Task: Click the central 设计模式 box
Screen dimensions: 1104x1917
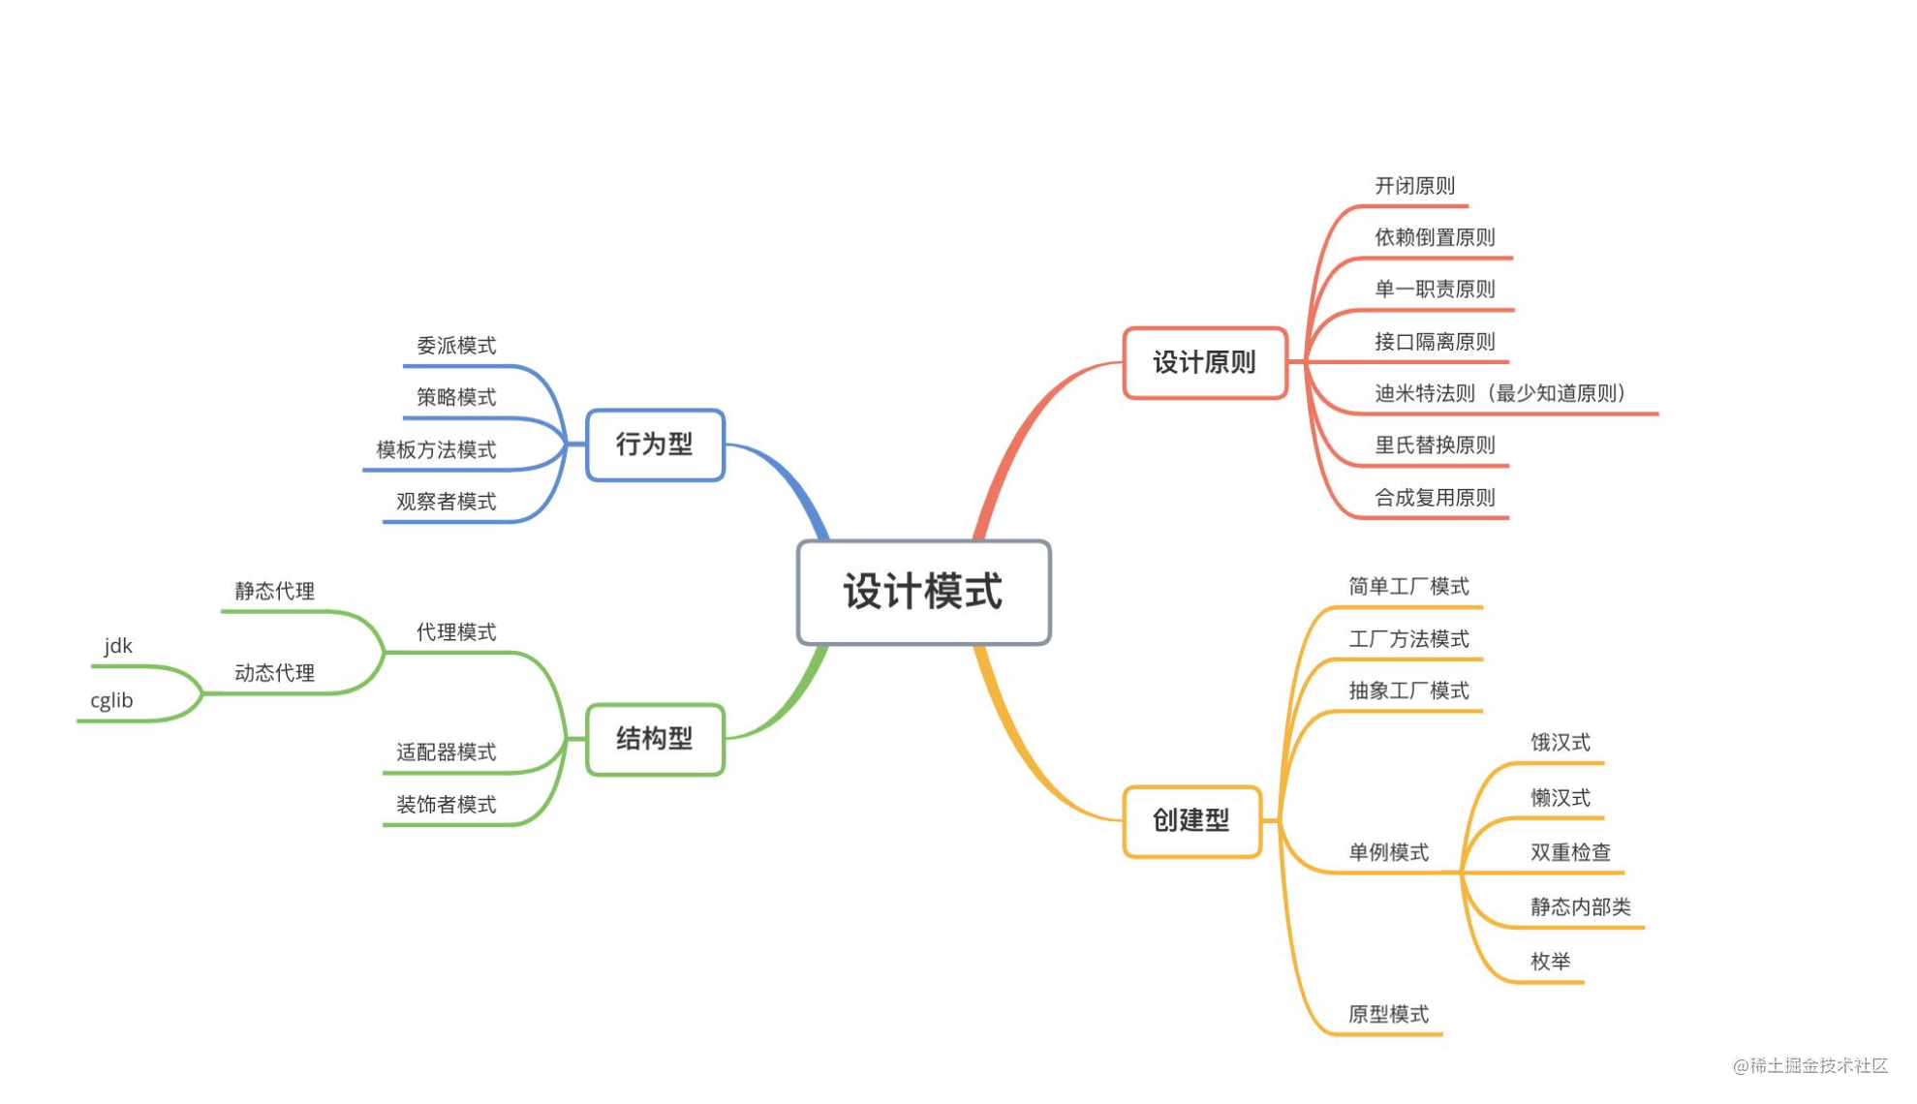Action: click(923, 592)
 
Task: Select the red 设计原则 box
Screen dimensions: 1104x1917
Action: click(1204, 363)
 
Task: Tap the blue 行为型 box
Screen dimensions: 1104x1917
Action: click(655, 445)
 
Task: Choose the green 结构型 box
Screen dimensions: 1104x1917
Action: click(655, 739)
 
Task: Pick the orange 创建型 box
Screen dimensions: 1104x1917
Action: click(1190, 821)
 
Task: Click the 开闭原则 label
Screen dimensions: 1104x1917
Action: click(1414, 186)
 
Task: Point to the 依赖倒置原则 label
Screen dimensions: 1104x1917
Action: click(1435, 237)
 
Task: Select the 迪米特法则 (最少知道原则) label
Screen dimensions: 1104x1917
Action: click(1500, 393)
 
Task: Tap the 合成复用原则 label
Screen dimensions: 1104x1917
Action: click(1435, 498)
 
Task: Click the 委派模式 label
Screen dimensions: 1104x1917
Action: click(456, 346)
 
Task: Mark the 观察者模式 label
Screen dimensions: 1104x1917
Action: click(446, 502)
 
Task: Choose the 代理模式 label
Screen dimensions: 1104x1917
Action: click(456, 632)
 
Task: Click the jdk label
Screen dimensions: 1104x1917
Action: click(118, 646)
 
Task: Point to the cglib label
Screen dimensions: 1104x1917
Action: click(111, 700)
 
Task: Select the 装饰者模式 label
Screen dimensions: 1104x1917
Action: click(446, 805)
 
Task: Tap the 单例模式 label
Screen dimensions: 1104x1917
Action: click(1388, 852)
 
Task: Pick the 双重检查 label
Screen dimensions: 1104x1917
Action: click(1570, 852)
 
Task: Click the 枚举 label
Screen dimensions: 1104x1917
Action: click(1550, 962)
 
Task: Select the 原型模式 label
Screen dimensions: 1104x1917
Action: click(1388, 1014)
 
